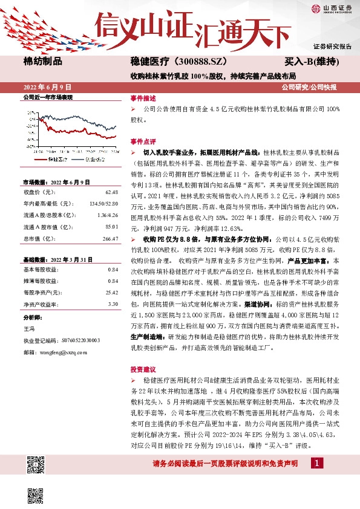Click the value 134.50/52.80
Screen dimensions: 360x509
coord(105,203)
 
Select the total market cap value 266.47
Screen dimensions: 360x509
coord(110,239)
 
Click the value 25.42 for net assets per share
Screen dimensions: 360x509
coord(111,292)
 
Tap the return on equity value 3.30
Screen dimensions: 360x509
coord(113,303)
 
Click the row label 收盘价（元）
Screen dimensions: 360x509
coord(37,192)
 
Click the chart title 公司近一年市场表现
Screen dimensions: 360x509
coord(47,97)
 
